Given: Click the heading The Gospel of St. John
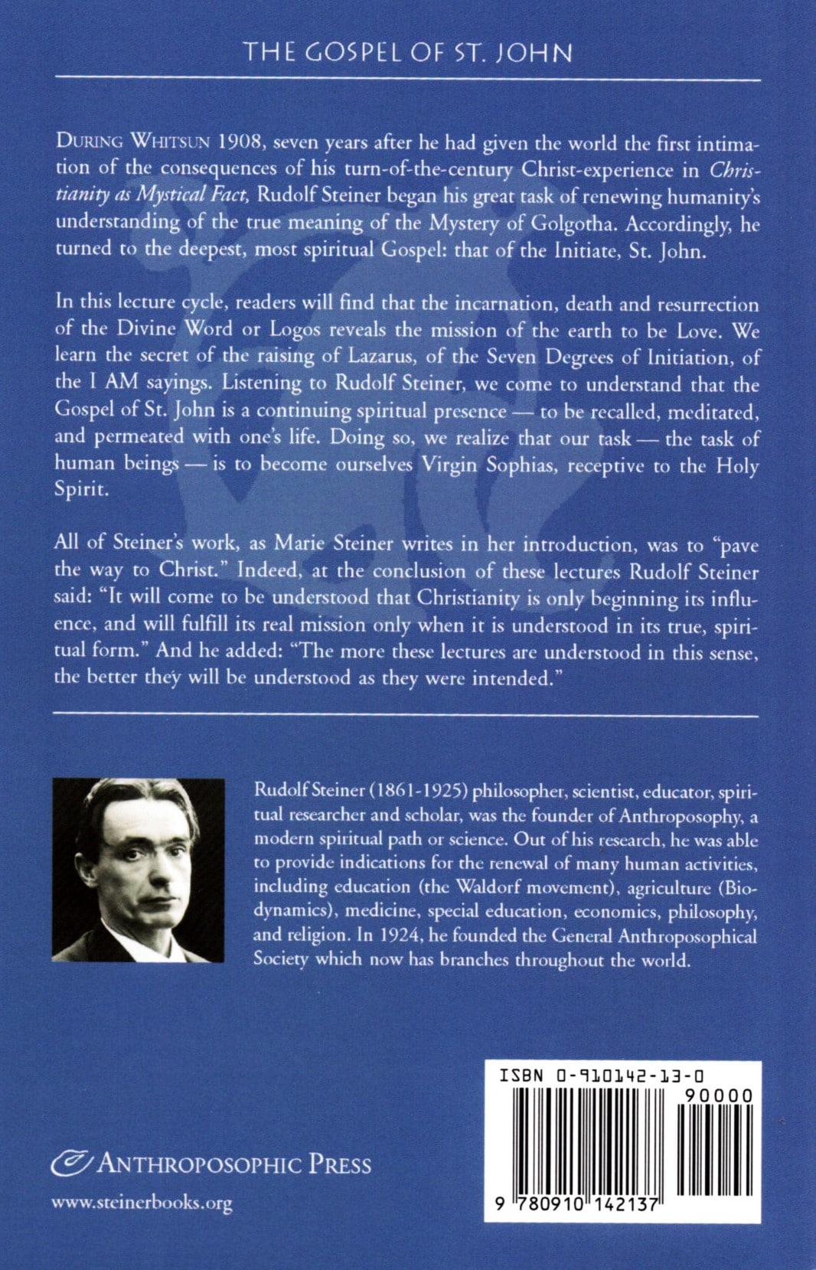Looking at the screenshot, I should tap(407, 53).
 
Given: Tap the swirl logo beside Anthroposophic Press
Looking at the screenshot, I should tap(71, 1164).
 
